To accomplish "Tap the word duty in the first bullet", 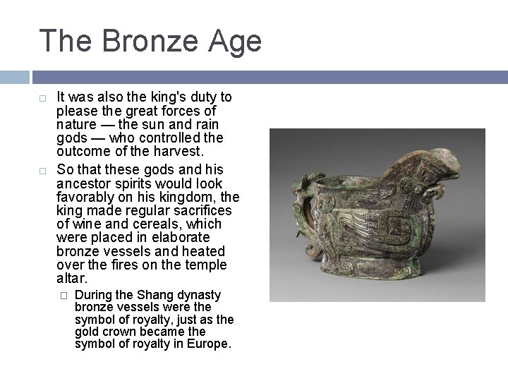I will click(195, 97).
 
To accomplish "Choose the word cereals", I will click(146, 224).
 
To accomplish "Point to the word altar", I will click(71, 279).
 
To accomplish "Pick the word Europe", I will click(209, 344).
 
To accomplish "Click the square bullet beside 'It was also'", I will click(42, 97).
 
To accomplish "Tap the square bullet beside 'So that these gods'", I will click(42, 170).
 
